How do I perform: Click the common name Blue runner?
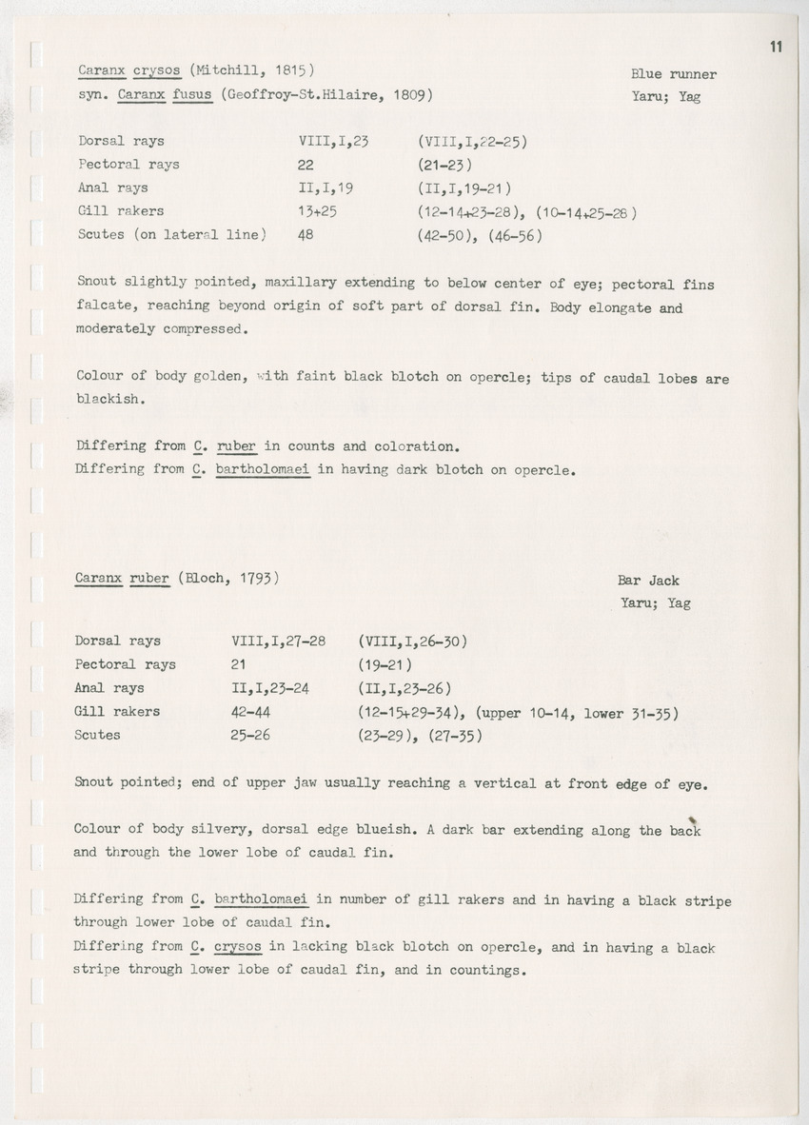click(673, 74)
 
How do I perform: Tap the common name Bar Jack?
click(648, 581)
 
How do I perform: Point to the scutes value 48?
click(306, 235)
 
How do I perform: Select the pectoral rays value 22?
click(306, 164)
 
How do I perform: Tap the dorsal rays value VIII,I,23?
click(333, 141)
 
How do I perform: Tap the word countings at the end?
click(465, 971)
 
